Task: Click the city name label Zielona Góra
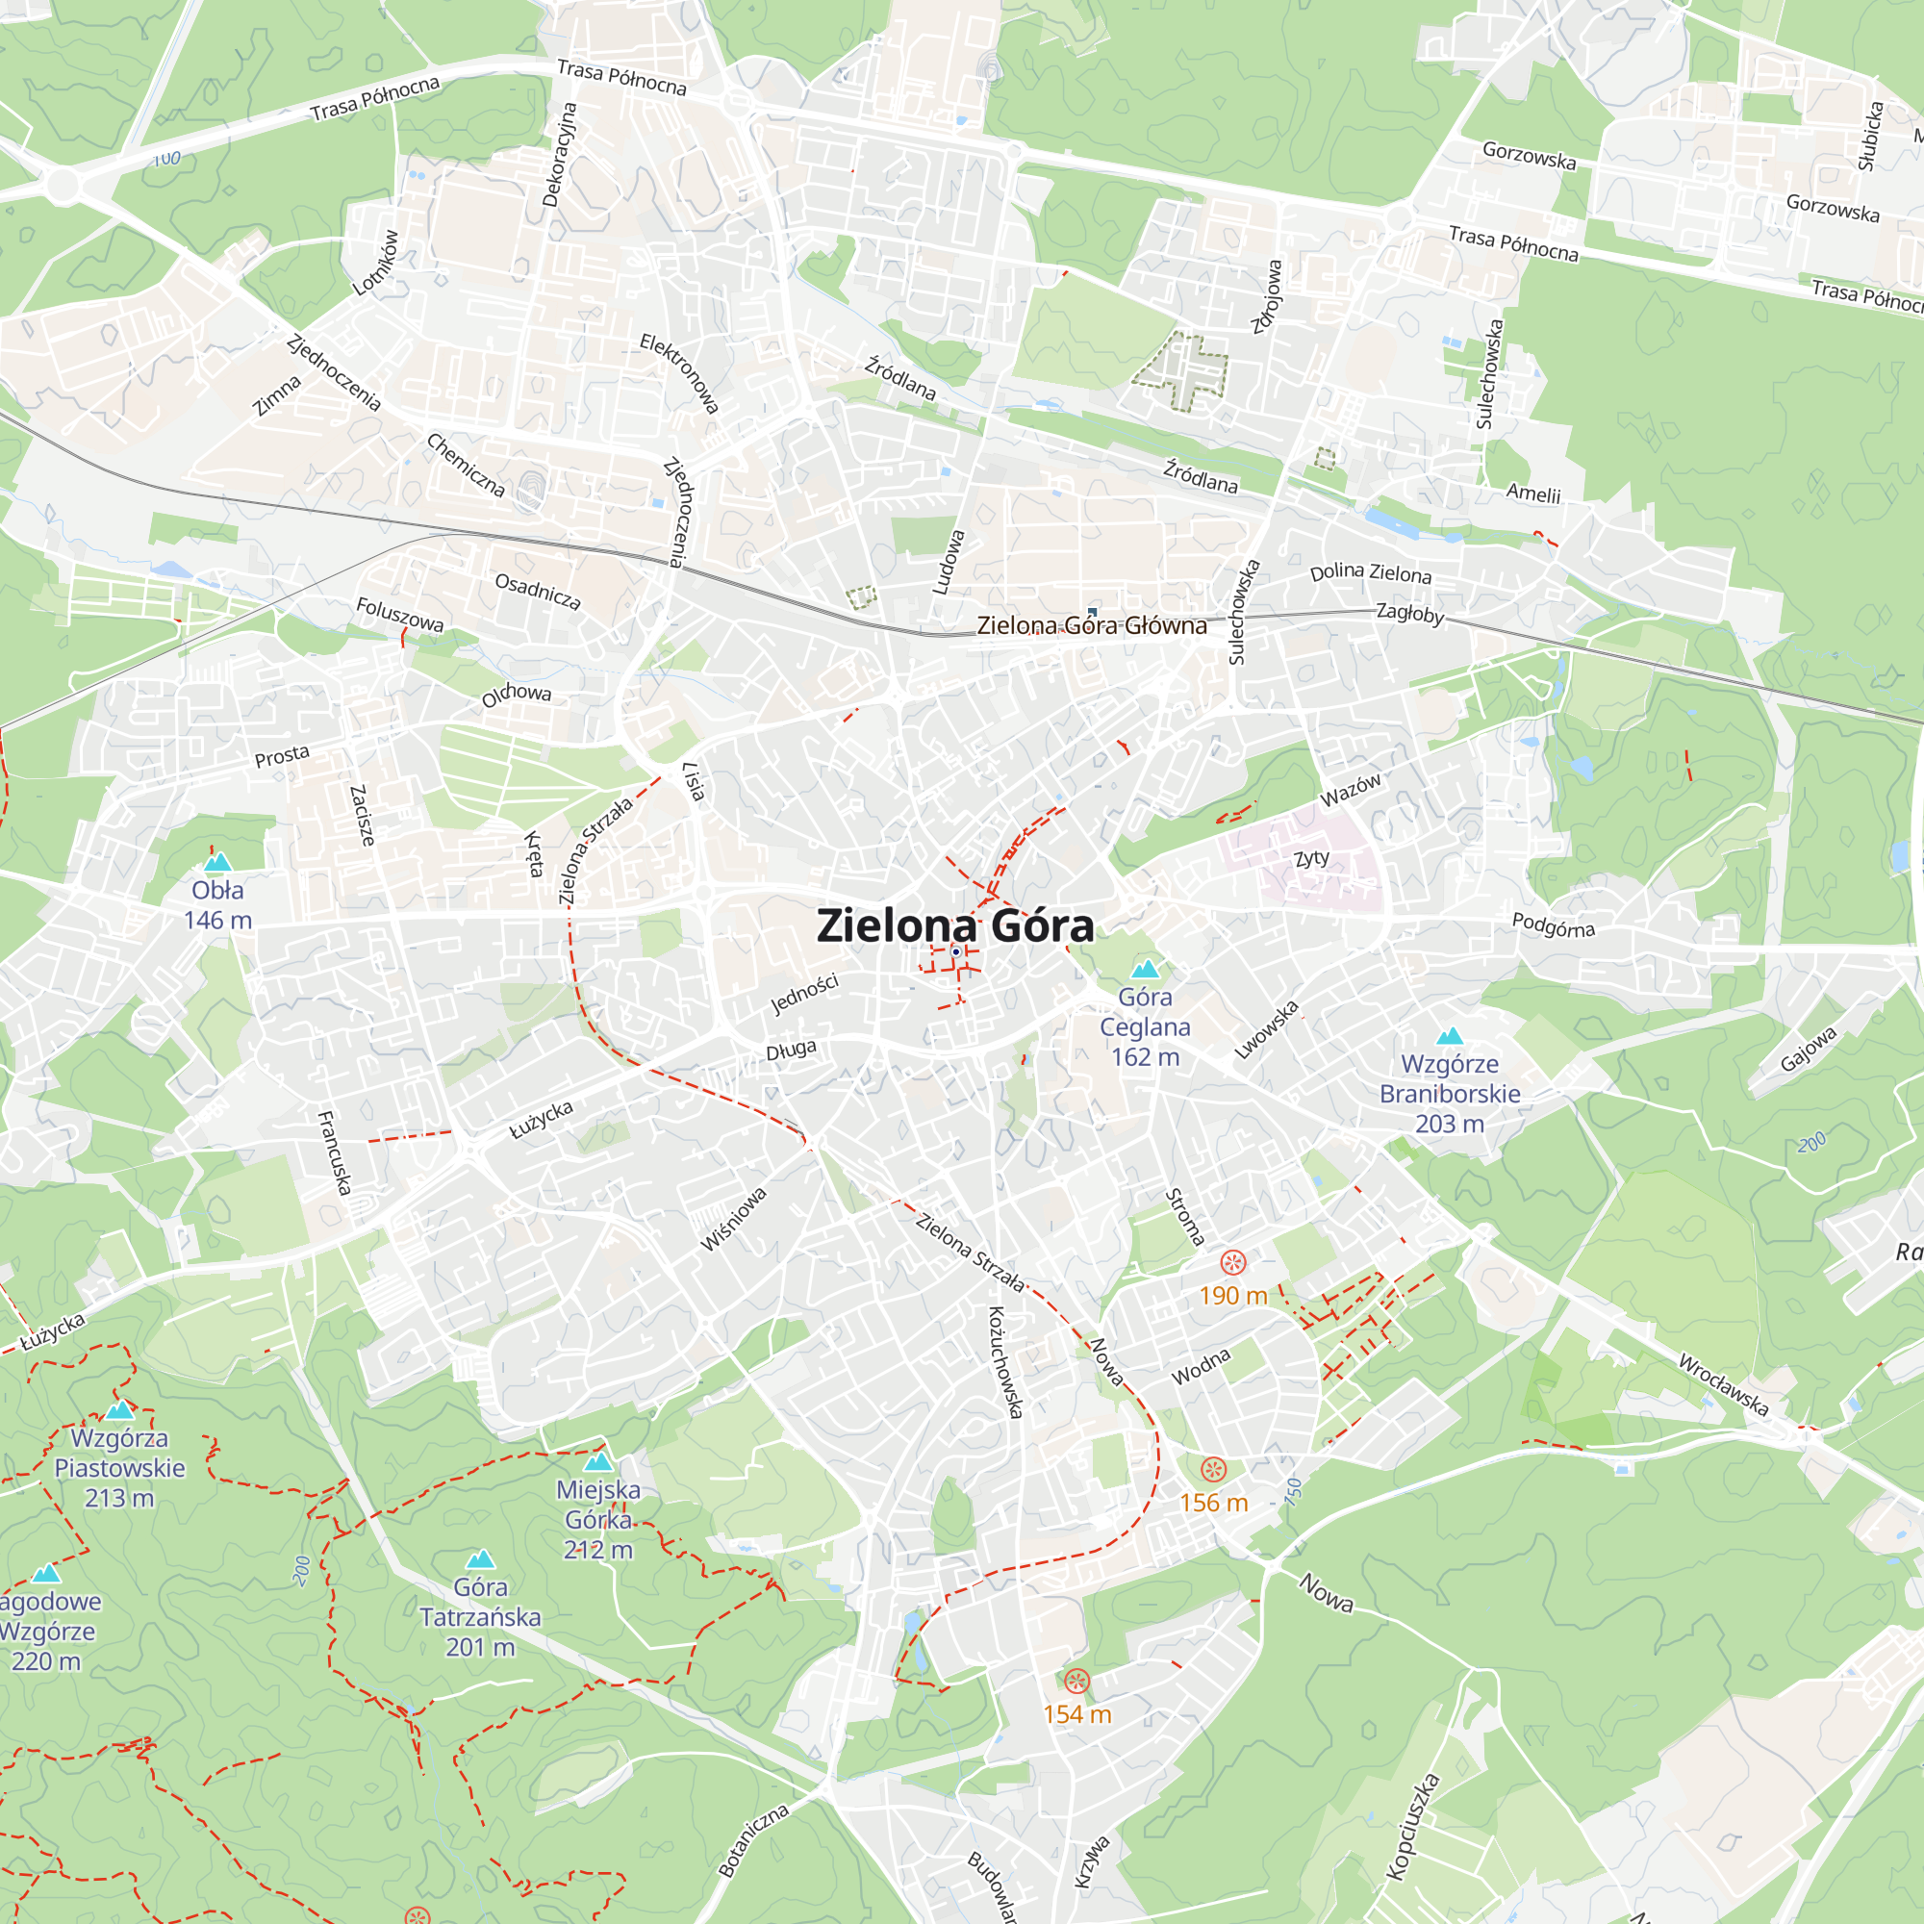pos(955,926)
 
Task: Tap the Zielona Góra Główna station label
pos(1092,625)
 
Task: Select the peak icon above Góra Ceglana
pos(1145,968)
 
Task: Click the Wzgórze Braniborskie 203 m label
pos(1449,1094)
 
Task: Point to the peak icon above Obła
pos(217,861)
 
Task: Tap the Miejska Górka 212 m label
pos(598,1519)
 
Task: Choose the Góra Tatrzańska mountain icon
pos(480,1558)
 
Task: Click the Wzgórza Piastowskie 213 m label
pos(119,1467)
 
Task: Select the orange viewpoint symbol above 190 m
pos(1233,1263)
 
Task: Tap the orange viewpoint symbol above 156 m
pos(1213,1470)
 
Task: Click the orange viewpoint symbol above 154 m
pos(1076,1682)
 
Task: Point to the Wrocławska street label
pos(1723,1384)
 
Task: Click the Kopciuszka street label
pos(1412,1827)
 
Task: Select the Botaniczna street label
pos(754,1839)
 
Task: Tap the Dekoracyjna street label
pos(559,154)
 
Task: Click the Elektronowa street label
pos(679,373)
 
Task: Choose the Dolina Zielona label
pos(1370,572)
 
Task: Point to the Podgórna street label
pos(1553,925)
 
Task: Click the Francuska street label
pos(335,1152)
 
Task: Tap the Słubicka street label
pos(1870,136)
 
